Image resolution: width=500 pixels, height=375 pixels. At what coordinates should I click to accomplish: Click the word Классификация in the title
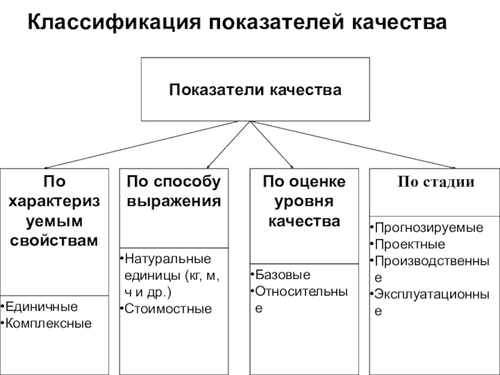click(114, 22)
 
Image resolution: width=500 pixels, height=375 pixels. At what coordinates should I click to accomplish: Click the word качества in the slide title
click(399, 22)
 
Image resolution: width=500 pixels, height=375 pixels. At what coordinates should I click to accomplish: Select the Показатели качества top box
click(256, 89)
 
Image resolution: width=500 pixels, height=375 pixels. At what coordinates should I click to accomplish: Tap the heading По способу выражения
click(174, 191)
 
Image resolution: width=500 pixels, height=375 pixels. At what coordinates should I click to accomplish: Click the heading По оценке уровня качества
click(304, 201)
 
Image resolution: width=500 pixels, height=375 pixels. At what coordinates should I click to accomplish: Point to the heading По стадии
click(436, 182)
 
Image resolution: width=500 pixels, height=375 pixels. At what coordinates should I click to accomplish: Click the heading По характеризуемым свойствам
click(54, 211)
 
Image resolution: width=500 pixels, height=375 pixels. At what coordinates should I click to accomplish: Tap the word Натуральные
click(168, 259)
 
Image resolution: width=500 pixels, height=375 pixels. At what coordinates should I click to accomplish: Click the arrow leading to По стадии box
click(353, 144)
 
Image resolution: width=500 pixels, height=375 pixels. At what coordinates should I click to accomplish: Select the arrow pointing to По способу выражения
click(229, 144)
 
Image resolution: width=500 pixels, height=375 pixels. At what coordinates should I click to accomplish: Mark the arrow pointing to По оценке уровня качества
click(272, 144)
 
